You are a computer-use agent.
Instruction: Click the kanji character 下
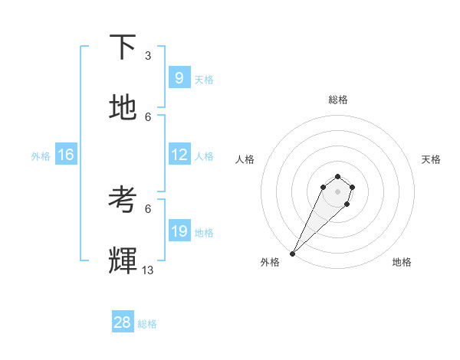click(123, 47)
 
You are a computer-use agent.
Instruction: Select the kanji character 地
click(123, 108)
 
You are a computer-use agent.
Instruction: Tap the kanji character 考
click(123, 200)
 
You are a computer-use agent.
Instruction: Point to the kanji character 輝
click(123, 261)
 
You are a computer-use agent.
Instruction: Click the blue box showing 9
click(179, 78)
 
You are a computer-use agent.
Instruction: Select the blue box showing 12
click(179, 155)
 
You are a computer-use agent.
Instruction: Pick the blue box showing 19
click(179, 231)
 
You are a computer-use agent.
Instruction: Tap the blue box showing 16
click(65, 155)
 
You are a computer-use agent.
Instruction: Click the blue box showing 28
click(122, 322)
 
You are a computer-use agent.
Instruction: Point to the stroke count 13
click(148, 270)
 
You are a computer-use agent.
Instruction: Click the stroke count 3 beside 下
click(148, 56)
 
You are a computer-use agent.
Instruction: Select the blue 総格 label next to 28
click(147, 324)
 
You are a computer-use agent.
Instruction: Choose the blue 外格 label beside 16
click(41, 155)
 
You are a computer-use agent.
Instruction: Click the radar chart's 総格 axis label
click(338, 100)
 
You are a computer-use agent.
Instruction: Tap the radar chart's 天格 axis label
click(431, 159)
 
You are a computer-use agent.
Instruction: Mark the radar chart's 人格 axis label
click(245, 159)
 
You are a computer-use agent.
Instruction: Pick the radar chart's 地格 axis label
click(402, 262)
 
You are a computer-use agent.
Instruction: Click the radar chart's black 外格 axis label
click(270, 262)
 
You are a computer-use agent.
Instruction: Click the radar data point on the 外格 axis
click(292, 254)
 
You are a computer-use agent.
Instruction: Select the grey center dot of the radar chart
click(337, 191)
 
